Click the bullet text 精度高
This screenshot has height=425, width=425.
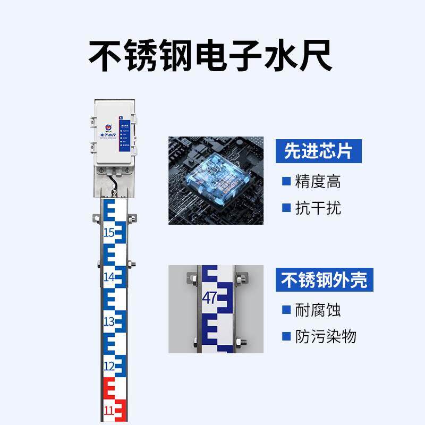tap(318, 182)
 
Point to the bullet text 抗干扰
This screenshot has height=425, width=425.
tap(318, 207)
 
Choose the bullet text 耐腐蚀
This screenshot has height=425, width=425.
tap(318, 310)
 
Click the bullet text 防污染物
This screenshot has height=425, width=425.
tap(325, 336)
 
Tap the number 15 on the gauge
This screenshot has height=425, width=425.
tap(109, 232)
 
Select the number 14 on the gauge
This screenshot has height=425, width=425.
tap(109, 277)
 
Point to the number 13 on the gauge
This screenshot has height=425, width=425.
tap(109, 321)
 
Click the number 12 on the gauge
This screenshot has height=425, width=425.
tap(109, 366)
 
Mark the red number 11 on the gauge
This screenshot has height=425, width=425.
tap(109, 411)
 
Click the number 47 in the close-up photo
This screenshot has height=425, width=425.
tap(209, 298)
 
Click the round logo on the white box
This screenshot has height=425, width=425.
tap(107, 127)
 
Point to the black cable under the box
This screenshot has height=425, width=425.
tap(113, 184)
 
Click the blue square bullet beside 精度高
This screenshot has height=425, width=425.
tap(286, 182)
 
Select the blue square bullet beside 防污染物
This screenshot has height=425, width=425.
tap(286, 336)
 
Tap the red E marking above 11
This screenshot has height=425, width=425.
tap(110, 389)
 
